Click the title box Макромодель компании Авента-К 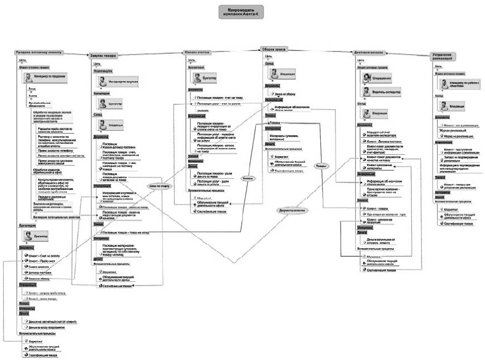point(242,12)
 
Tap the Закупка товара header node point(104,55)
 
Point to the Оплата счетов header point(197,53)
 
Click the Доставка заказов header point(372,53)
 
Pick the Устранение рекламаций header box point(451,55)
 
